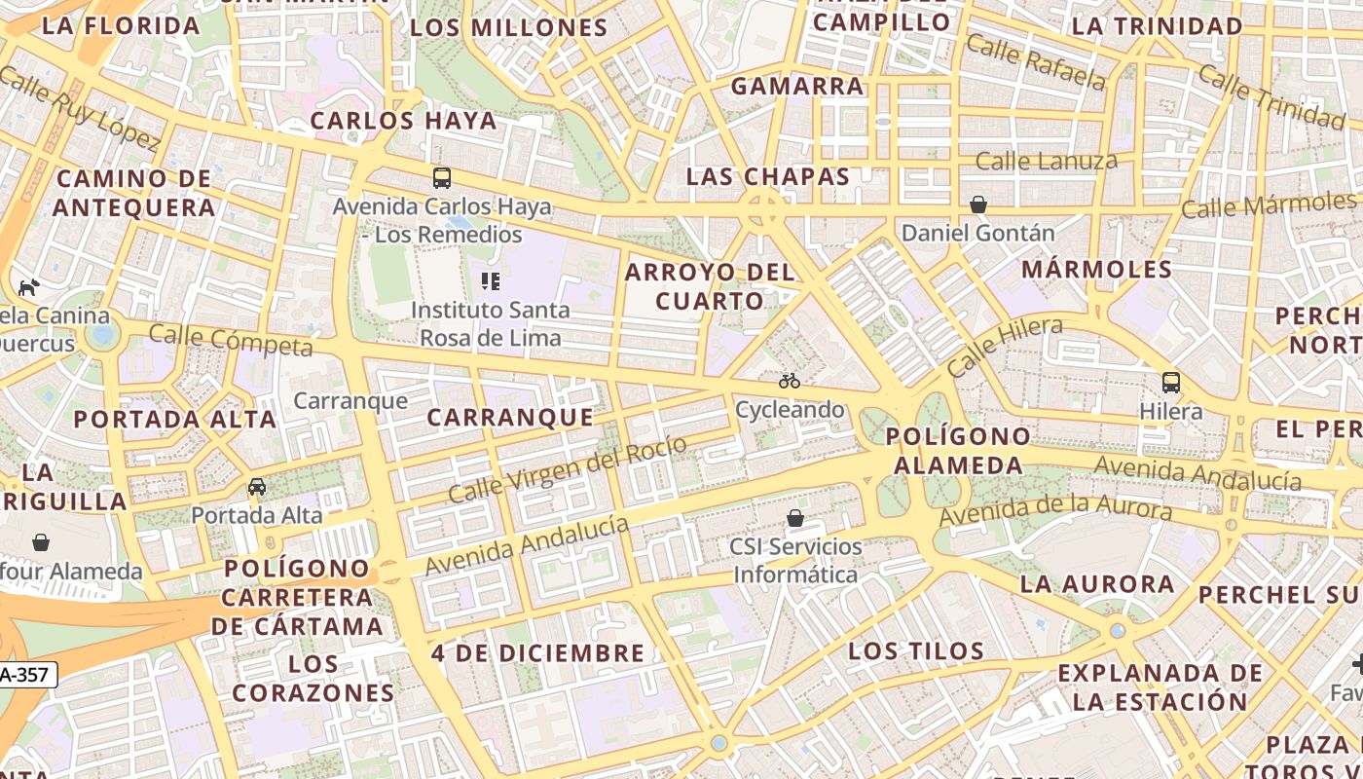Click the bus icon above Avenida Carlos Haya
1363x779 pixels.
click(442, 178)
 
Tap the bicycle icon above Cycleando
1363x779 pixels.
click(790, 381)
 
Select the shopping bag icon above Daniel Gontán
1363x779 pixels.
click(978, 204)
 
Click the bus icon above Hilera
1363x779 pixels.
click(1171, 383)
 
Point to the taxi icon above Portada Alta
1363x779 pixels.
click(257, 487)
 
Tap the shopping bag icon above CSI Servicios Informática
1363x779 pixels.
click(795, 518)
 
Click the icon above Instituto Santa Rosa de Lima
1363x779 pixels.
click(491, 282)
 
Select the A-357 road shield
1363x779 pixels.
click(26, 674)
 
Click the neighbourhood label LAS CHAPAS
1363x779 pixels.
click(768, 177)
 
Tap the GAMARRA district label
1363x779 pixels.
click(797, 87)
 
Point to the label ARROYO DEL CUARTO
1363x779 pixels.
click(710, 286)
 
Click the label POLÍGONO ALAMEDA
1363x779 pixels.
click(958, 451)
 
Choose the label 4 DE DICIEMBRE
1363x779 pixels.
click(537, 653)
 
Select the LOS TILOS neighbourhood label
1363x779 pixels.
click(916, 650)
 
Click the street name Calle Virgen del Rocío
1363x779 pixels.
click(567, 469)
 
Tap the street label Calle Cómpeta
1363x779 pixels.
click(231, 341)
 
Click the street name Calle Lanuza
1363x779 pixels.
click(1046, 161)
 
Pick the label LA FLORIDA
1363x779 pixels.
click(122, 26)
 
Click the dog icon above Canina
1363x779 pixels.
click(29, 287)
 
